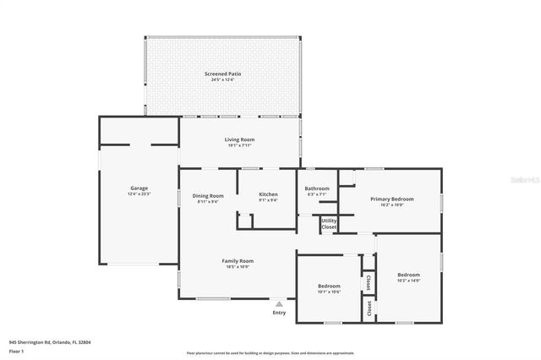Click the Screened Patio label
pos(222,74)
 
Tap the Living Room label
pos(239,139)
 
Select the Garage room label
pos(139,188)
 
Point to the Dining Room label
pos(208,195)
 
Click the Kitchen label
pos(268,195)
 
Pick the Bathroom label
pos(317,188)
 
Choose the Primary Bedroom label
pos(391,199)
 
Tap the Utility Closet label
pos(329,224)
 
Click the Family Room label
pos(238,261)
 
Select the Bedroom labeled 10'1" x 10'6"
pos(329,286)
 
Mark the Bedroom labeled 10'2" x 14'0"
pos(408,275)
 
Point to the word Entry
pos(279,313)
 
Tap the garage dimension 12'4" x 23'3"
pos(139,194)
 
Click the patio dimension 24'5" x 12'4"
pos(222,80)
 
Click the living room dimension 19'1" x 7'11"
pos(239,145)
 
